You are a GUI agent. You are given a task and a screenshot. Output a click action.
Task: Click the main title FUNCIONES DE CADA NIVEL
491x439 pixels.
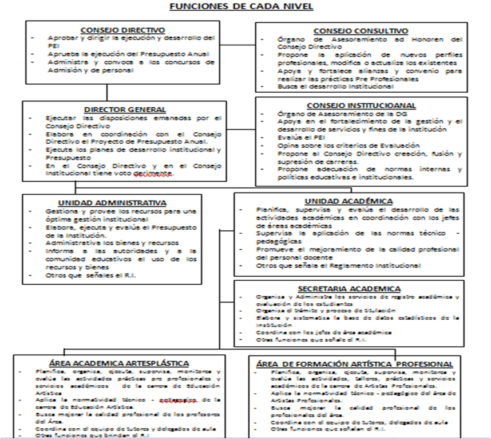pos(245,7)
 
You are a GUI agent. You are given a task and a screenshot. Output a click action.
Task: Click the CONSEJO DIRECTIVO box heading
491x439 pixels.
pos(123,29)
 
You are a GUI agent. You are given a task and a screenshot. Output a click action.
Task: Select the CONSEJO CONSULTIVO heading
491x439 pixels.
pos(361,30)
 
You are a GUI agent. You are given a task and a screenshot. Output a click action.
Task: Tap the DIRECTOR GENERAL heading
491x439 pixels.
pos(125,109)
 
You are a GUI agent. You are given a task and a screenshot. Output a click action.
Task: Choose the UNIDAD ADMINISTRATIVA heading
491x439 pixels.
pos(112,202)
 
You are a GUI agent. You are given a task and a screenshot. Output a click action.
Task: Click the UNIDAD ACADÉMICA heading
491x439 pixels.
pos(349,201)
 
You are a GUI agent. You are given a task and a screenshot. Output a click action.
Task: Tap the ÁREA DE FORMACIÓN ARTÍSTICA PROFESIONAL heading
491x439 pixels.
pos(355,364)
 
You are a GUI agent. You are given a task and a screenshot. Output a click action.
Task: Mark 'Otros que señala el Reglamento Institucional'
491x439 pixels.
pos(338,266)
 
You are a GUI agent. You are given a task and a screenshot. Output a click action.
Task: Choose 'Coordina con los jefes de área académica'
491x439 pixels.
pos(324,332)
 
